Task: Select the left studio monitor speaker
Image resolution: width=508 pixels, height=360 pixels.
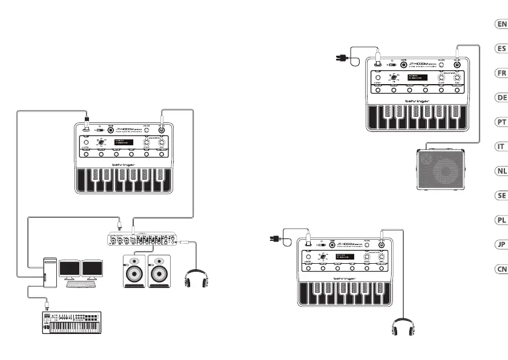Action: point(134,271)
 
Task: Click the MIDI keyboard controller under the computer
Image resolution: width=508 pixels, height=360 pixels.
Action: point(71,322)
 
